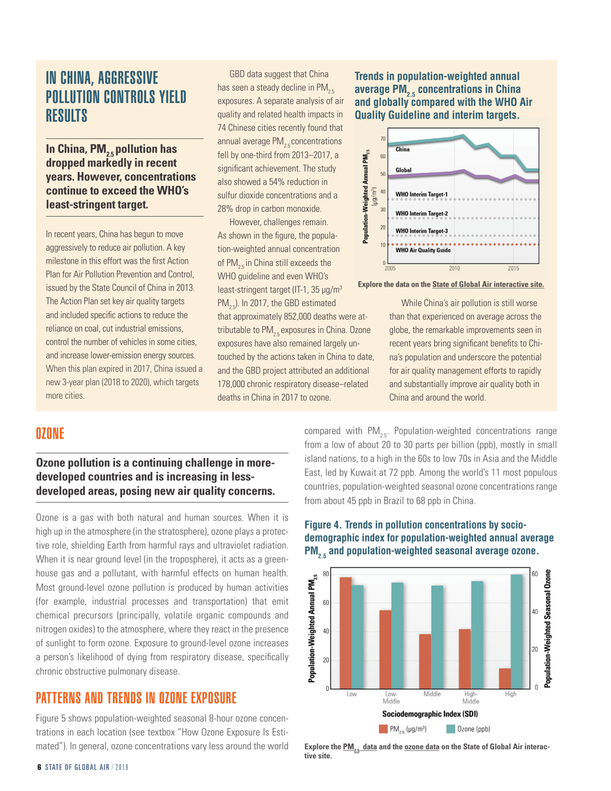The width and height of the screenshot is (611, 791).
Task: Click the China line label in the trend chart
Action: click(403, 149)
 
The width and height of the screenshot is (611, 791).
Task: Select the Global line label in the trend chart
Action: click(404, 170)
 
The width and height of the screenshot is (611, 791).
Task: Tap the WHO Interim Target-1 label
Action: click(421, 194)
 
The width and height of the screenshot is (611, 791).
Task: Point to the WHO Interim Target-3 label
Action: click(421, 230)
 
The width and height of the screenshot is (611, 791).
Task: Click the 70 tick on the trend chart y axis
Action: click(383, 138)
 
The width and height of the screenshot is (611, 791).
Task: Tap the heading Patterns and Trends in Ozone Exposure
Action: click(136, 698)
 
